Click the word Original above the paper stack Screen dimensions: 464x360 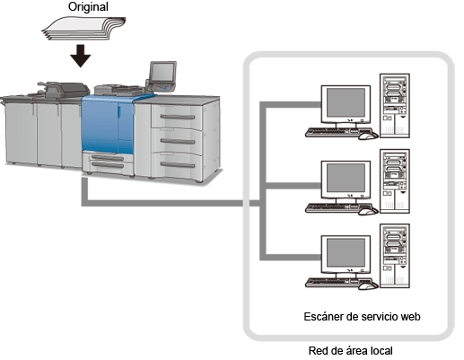point(88,7)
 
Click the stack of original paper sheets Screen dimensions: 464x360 point(83,29)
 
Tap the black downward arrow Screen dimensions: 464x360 point(81,56)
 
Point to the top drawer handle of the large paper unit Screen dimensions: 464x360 point(178,117)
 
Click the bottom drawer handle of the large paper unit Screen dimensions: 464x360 point(178,164)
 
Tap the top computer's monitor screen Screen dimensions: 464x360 point(346,102)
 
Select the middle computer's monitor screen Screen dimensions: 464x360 point(346,178)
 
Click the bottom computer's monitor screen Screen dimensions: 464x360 point(346,252)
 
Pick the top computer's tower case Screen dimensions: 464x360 point(395,106)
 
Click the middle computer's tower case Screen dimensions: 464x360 point(395,181)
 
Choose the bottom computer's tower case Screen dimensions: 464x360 point(395,256)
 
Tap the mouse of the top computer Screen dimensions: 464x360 point(368,136)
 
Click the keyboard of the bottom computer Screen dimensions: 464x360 point(338,283)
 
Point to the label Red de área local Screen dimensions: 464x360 point(350,350)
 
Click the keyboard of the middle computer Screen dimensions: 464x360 point(338,207)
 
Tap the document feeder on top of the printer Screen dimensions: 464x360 point(66,89)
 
